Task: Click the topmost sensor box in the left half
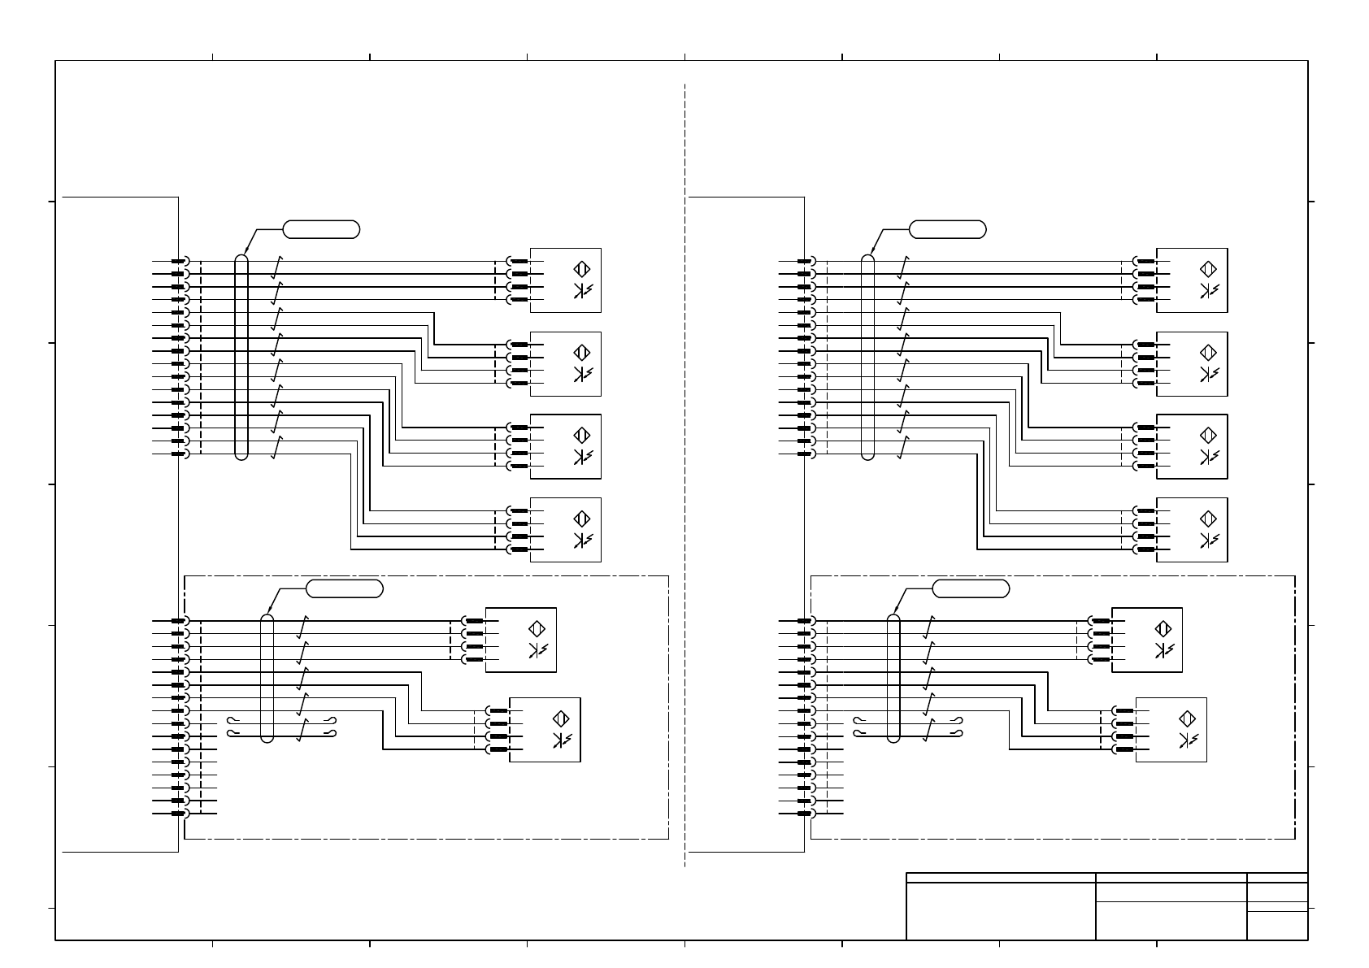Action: coord(565,280)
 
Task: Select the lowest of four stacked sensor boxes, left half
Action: coord(565,529)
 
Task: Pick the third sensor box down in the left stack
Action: coord(565,446)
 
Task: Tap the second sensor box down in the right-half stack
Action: coord(1192,363)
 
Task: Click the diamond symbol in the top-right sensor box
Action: coord(1208,269)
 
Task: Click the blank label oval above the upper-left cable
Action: coord(321,229)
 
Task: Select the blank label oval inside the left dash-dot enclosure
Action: coord(345,588)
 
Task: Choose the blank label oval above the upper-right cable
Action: coord(948,229)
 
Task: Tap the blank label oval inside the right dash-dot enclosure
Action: coord(971,588)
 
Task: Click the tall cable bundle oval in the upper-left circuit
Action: coord(241,358)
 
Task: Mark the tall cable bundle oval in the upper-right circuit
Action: coord(867,358)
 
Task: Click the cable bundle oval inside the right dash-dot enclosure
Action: coord(893,679)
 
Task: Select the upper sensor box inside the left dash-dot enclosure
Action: coord(520,640)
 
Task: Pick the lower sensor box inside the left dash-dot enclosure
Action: coord(545,729)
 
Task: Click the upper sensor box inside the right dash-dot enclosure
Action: coord(1146,640)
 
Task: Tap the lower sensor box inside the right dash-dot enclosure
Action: coord(1171,729)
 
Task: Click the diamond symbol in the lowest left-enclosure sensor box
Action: coord(560,718)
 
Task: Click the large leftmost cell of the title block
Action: coord(1001,911)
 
